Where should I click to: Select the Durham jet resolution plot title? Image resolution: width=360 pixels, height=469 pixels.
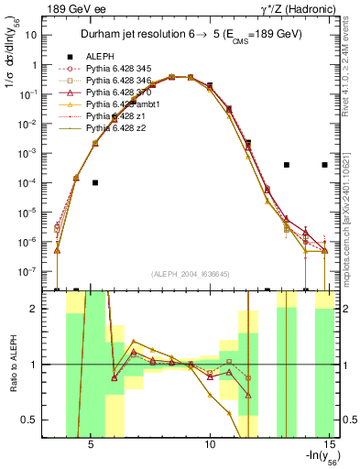192,33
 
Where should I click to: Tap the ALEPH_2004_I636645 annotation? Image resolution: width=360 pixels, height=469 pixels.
191,273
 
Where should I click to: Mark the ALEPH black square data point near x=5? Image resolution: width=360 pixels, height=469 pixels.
94,182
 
